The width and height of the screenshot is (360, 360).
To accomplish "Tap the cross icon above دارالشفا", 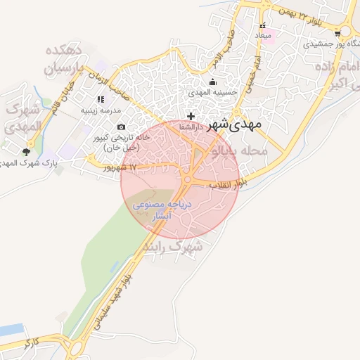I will (191, 115).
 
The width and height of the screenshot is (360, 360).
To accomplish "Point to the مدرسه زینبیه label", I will (101, 110).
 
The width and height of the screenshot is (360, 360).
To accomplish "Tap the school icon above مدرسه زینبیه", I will (101, 100).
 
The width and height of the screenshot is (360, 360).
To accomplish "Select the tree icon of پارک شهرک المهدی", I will (27, 151).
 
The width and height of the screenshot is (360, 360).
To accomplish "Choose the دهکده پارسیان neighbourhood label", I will (64, 60).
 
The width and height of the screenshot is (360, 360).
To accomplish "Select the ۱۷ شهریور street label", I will (120, 167).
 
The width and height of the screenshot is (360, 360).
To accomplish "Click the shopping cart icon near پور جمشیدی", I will (338, 32).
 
